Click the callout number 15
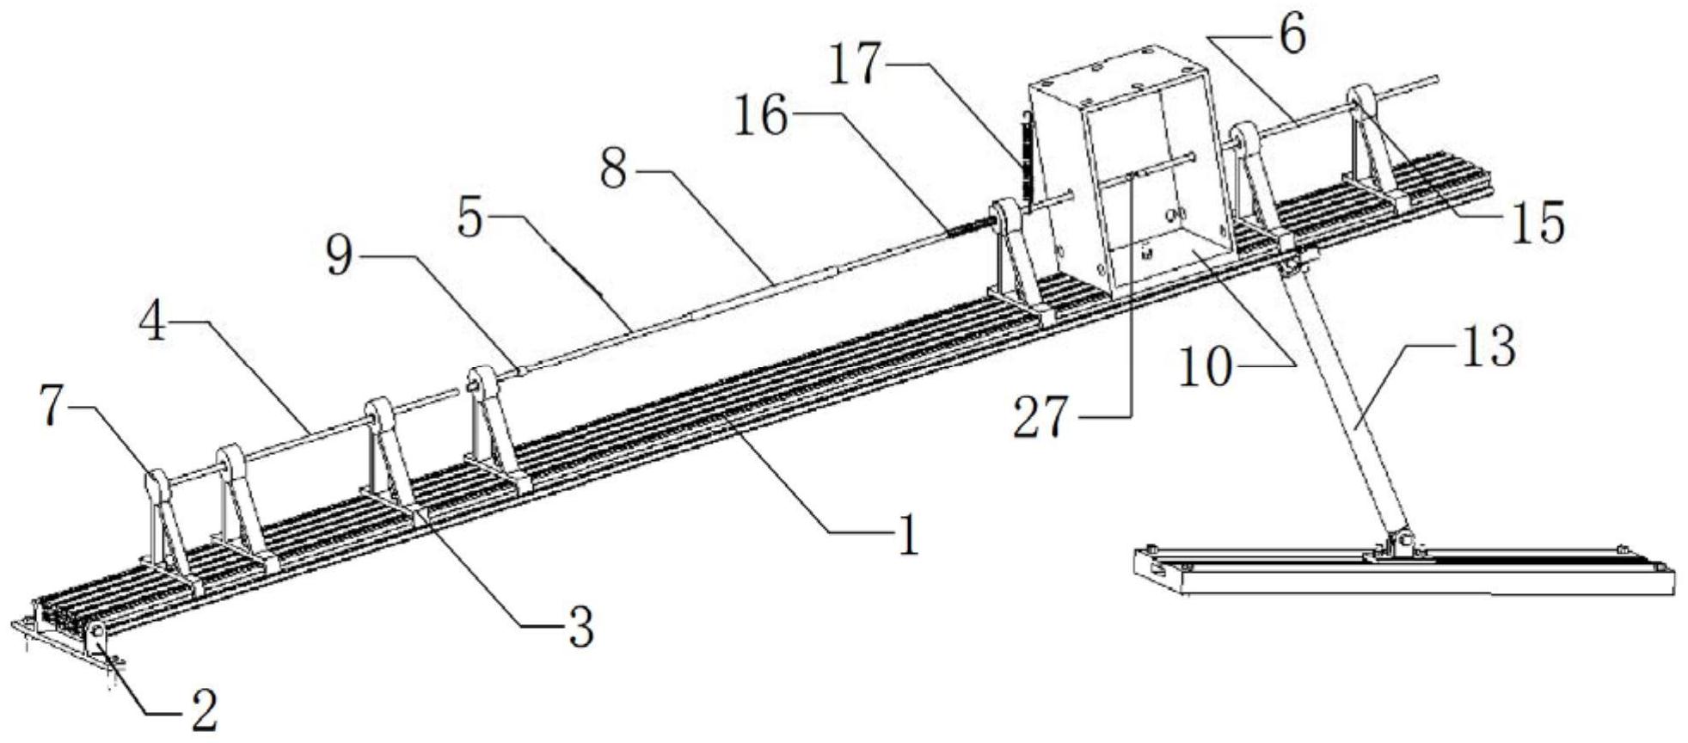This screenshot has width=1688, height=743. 1538,224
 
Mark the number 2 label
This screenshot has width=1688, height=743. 203,710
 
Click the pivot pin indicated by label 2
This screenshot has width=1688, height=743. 97,632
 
